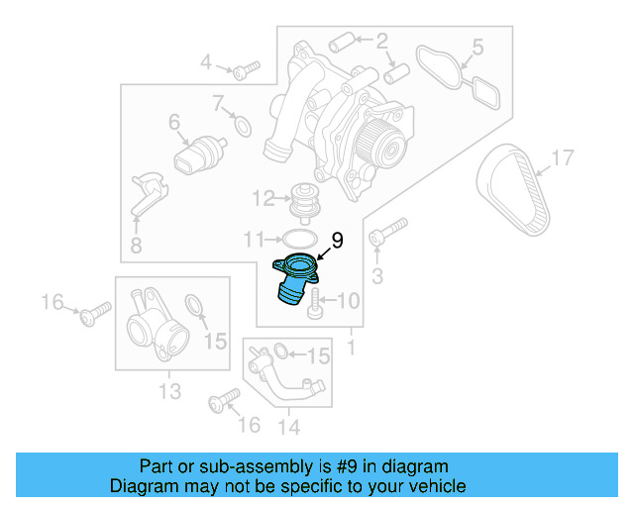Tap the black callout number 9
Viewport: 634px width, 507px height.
click(x=337, y=241)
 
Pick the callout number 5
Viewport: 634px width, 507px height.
click(x=477, y=47)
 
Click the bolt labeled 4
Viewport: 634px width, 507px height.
click(x=244, y=69)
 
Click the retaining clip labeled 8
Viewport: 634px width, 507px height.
click(x=146, y=193)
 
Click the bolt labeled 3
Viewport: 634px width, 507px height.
click(x=387, y=233)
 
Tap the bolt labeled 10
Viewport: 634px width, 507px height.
click(x=315, y=302)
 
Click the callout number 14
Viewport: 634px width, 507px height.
click(x=287, y=428)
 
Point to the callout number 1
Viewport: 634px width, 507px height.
click(x=350, y=349)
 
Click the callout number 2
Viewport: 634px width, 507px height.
click(x=381, y=42)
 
